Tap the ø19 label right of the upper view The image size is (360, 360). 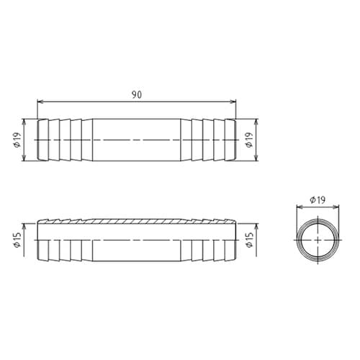coord(248,140)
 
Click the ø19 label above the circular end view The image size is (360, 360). coord(318,199)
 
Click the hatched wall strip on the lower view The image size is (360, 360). coord(137,217)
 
